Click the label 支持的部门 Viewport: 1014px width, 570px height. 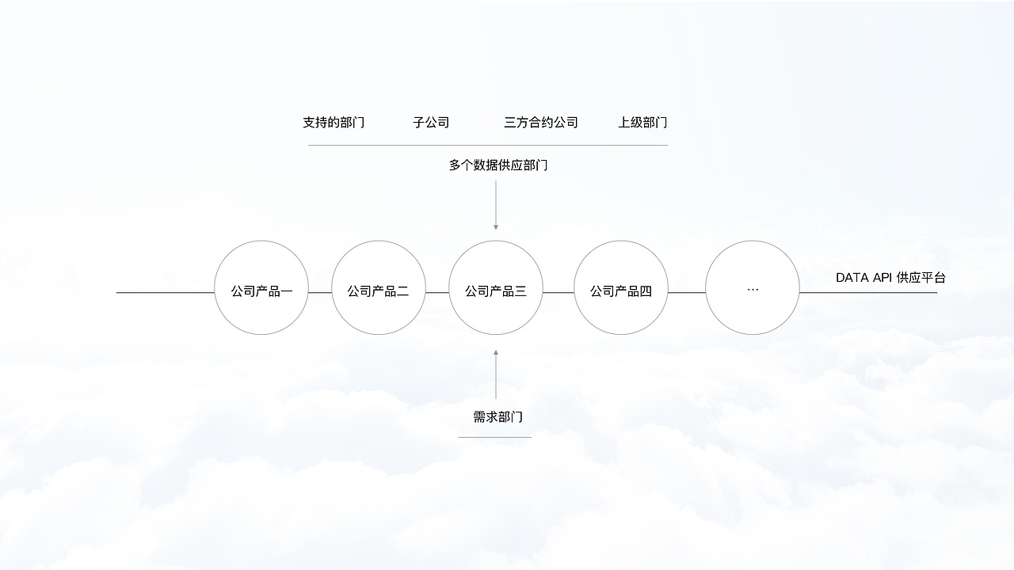[x=334, y=123]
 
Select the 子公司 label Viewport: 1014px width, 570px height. [x=431, y=123]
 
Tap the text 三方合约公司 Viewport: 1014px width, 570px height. [x=541, y=123]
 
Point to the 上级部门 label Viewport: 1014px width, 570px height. [x=642, y=123]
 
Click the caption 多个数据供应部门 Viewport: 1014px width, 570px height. [x=497, y=165]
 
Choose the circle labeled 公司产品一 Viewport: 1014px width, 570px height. [x=261, y=288]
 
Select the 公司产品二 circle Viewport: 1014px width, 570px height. [x=378, y=288]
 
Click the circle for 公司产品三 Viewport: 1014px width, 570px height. [x=496, y=288]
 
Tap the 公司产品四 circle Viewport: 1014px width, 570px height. [x=620, y=288]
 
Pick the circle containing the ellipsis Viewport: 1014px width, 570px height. [x=753, y=288]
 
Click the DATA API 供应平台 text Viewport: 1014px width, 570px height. [x=890, y=278]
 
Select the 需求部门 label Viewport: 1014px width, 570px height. [x=497, y=417]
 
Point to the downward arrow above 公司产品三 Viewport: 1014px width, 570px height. [x=496, y=206]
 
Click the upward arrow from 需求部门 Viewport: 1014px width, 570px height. [x=496, y=374]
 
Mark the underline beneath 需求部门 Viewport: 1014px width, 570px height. [x=494, y=437]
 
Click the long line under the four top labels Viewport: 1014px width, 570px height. [x=487, y=145]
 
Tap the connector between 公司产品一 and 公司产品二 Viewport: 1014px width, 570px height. [x=320, y=292]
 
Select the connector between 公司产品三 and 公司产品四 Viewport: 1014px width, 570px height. [x=558, y=292]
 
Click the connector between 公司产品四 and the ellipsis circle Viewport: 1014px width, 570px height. [x=687, y=292]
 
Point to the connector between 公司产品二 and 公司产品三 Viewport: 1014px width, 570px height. [x=437, y=292]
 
